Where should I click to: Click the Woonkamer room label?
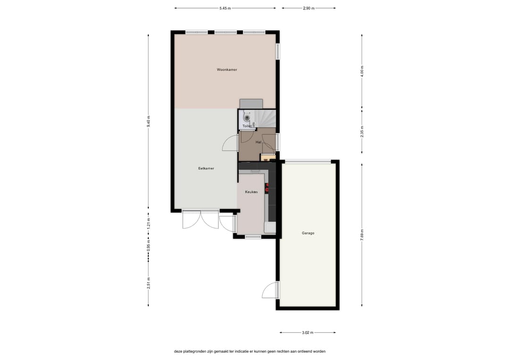pos(227,70)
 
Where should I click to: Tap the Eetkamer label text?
pos(206,168)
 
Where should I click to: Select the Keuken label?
pos(251,192)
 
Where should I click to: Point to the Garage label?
pos(308,233)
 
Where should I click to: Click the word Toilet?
pos(247,126)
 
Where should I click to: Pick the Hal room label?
pos(258,142)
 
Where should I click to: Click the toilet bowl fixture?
pos(246,117)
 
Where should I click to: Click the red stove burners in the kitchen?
pos(268,187)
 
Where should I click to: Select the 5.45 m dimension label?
pos(225,8)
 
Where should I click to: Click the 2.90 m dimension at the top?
pos(308,8)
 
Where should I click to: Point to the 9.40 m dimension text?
pos(148,122)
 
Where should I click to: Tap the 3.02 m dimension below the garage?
pos(308,333)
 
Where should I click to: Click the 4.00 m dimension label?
pos(362,71)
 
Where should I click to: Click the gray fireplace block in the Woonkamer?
pos(251,104)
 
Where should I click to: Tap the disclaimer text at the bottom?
pos(249,351)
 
